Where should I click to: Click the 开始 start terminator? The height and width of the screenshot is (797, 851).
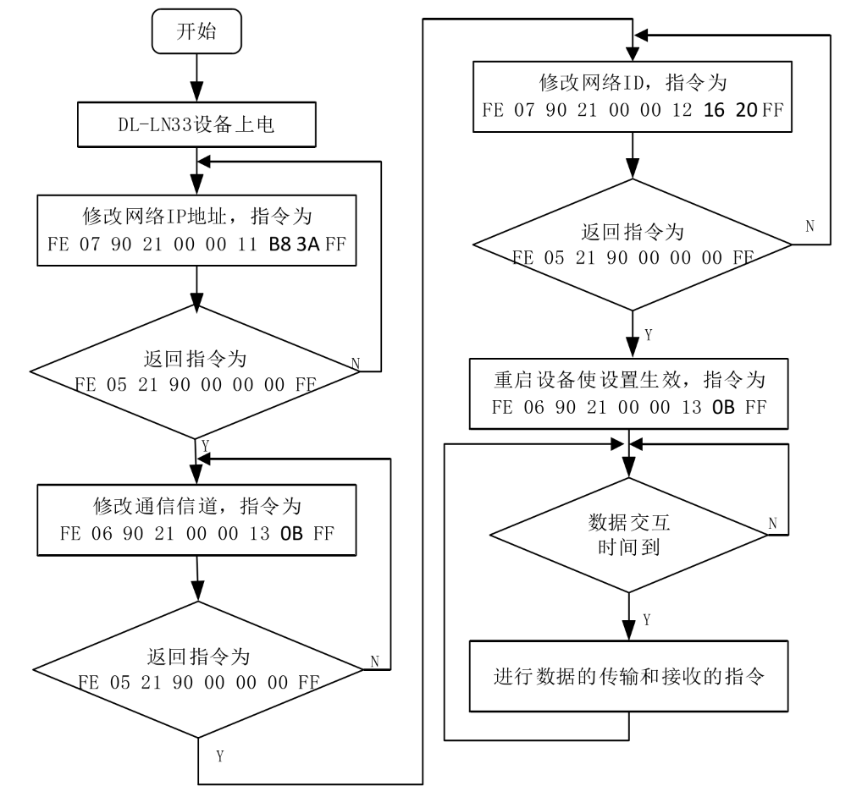[x=196, y=33]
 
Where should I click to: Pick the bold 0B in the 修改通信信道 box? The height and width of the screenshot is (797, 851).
[x=292, y=534]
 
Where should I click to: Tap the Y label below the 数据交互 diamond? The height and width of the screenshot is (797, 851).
[x=647, y=620]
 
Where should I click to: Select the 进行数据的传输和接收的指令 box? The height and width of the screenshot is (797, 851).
[x=628, y=677]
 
